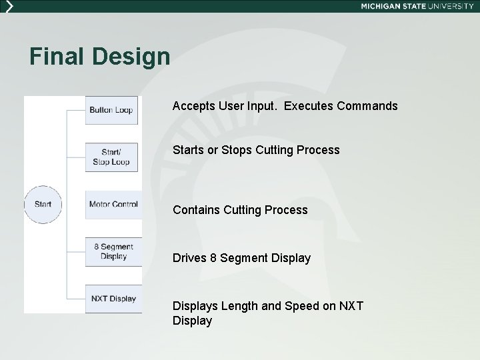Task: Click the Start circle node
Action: point(43,204)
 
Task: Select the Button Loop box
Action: point(111,110)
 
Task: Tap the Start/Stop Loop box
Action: point(111,157)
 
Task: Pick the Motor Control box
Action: point(113,204)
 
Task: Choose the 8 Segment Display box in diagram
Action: point(113,251)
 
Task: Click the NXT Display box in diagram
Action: point(113,298)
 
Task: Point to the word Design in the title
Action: point(131,57)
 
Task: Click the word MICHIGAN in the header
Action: point(382,6)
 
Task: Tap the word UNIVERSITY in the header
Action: point(450,6)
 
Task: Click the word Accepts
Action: point(193,106)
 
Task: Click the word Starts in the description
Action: point(188,150)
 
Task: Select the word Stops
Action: point(237,150)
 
